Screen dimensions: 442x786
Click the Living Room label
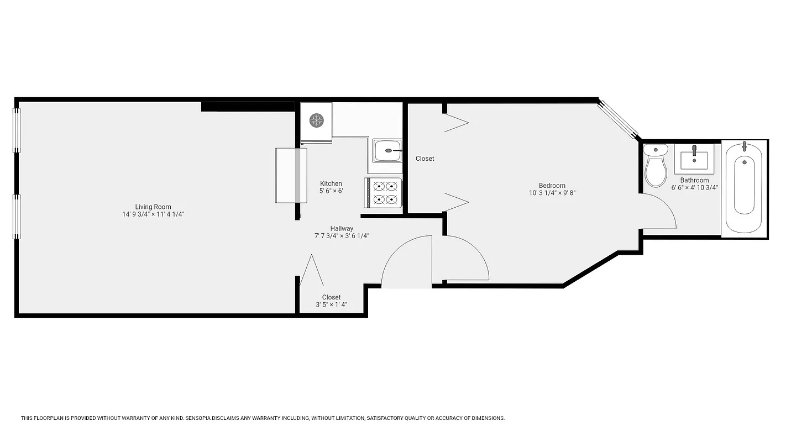[153, 207]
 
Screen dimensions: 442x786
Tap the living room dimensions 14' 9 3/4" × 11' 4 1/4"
[153, 214]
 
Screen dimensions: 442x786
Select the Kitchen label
[331, 183]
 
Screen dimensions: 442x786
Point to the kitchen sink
[387, 150]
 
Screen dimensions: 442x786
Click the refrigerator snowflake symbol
[316, 120]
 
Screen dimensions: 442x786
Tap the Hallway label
[342, 228]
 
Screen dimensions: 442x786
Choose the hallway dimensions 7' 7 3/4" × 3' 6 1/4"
[342, 236]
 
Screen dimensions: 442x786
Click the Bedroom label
[552, 186]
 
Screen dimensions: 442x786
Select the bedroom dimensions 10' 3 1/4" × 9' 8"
[552, 193]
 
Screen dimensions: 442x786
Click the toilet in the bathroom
[656, 166]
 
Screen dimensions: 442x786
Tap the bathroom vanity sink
[694, 159]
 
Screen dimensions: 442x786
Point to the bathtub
[744, 186]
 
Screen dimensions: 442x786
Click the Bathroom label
[694, 180]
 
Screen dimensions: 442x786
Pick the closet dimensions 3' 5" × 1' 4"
[331, 305]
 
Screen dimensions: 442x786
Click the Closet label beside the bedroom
[425, 159]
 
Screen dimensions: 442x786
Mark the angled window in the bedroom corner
[619, 119]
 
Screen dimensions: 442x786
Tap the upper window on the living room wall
[17, 130]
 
